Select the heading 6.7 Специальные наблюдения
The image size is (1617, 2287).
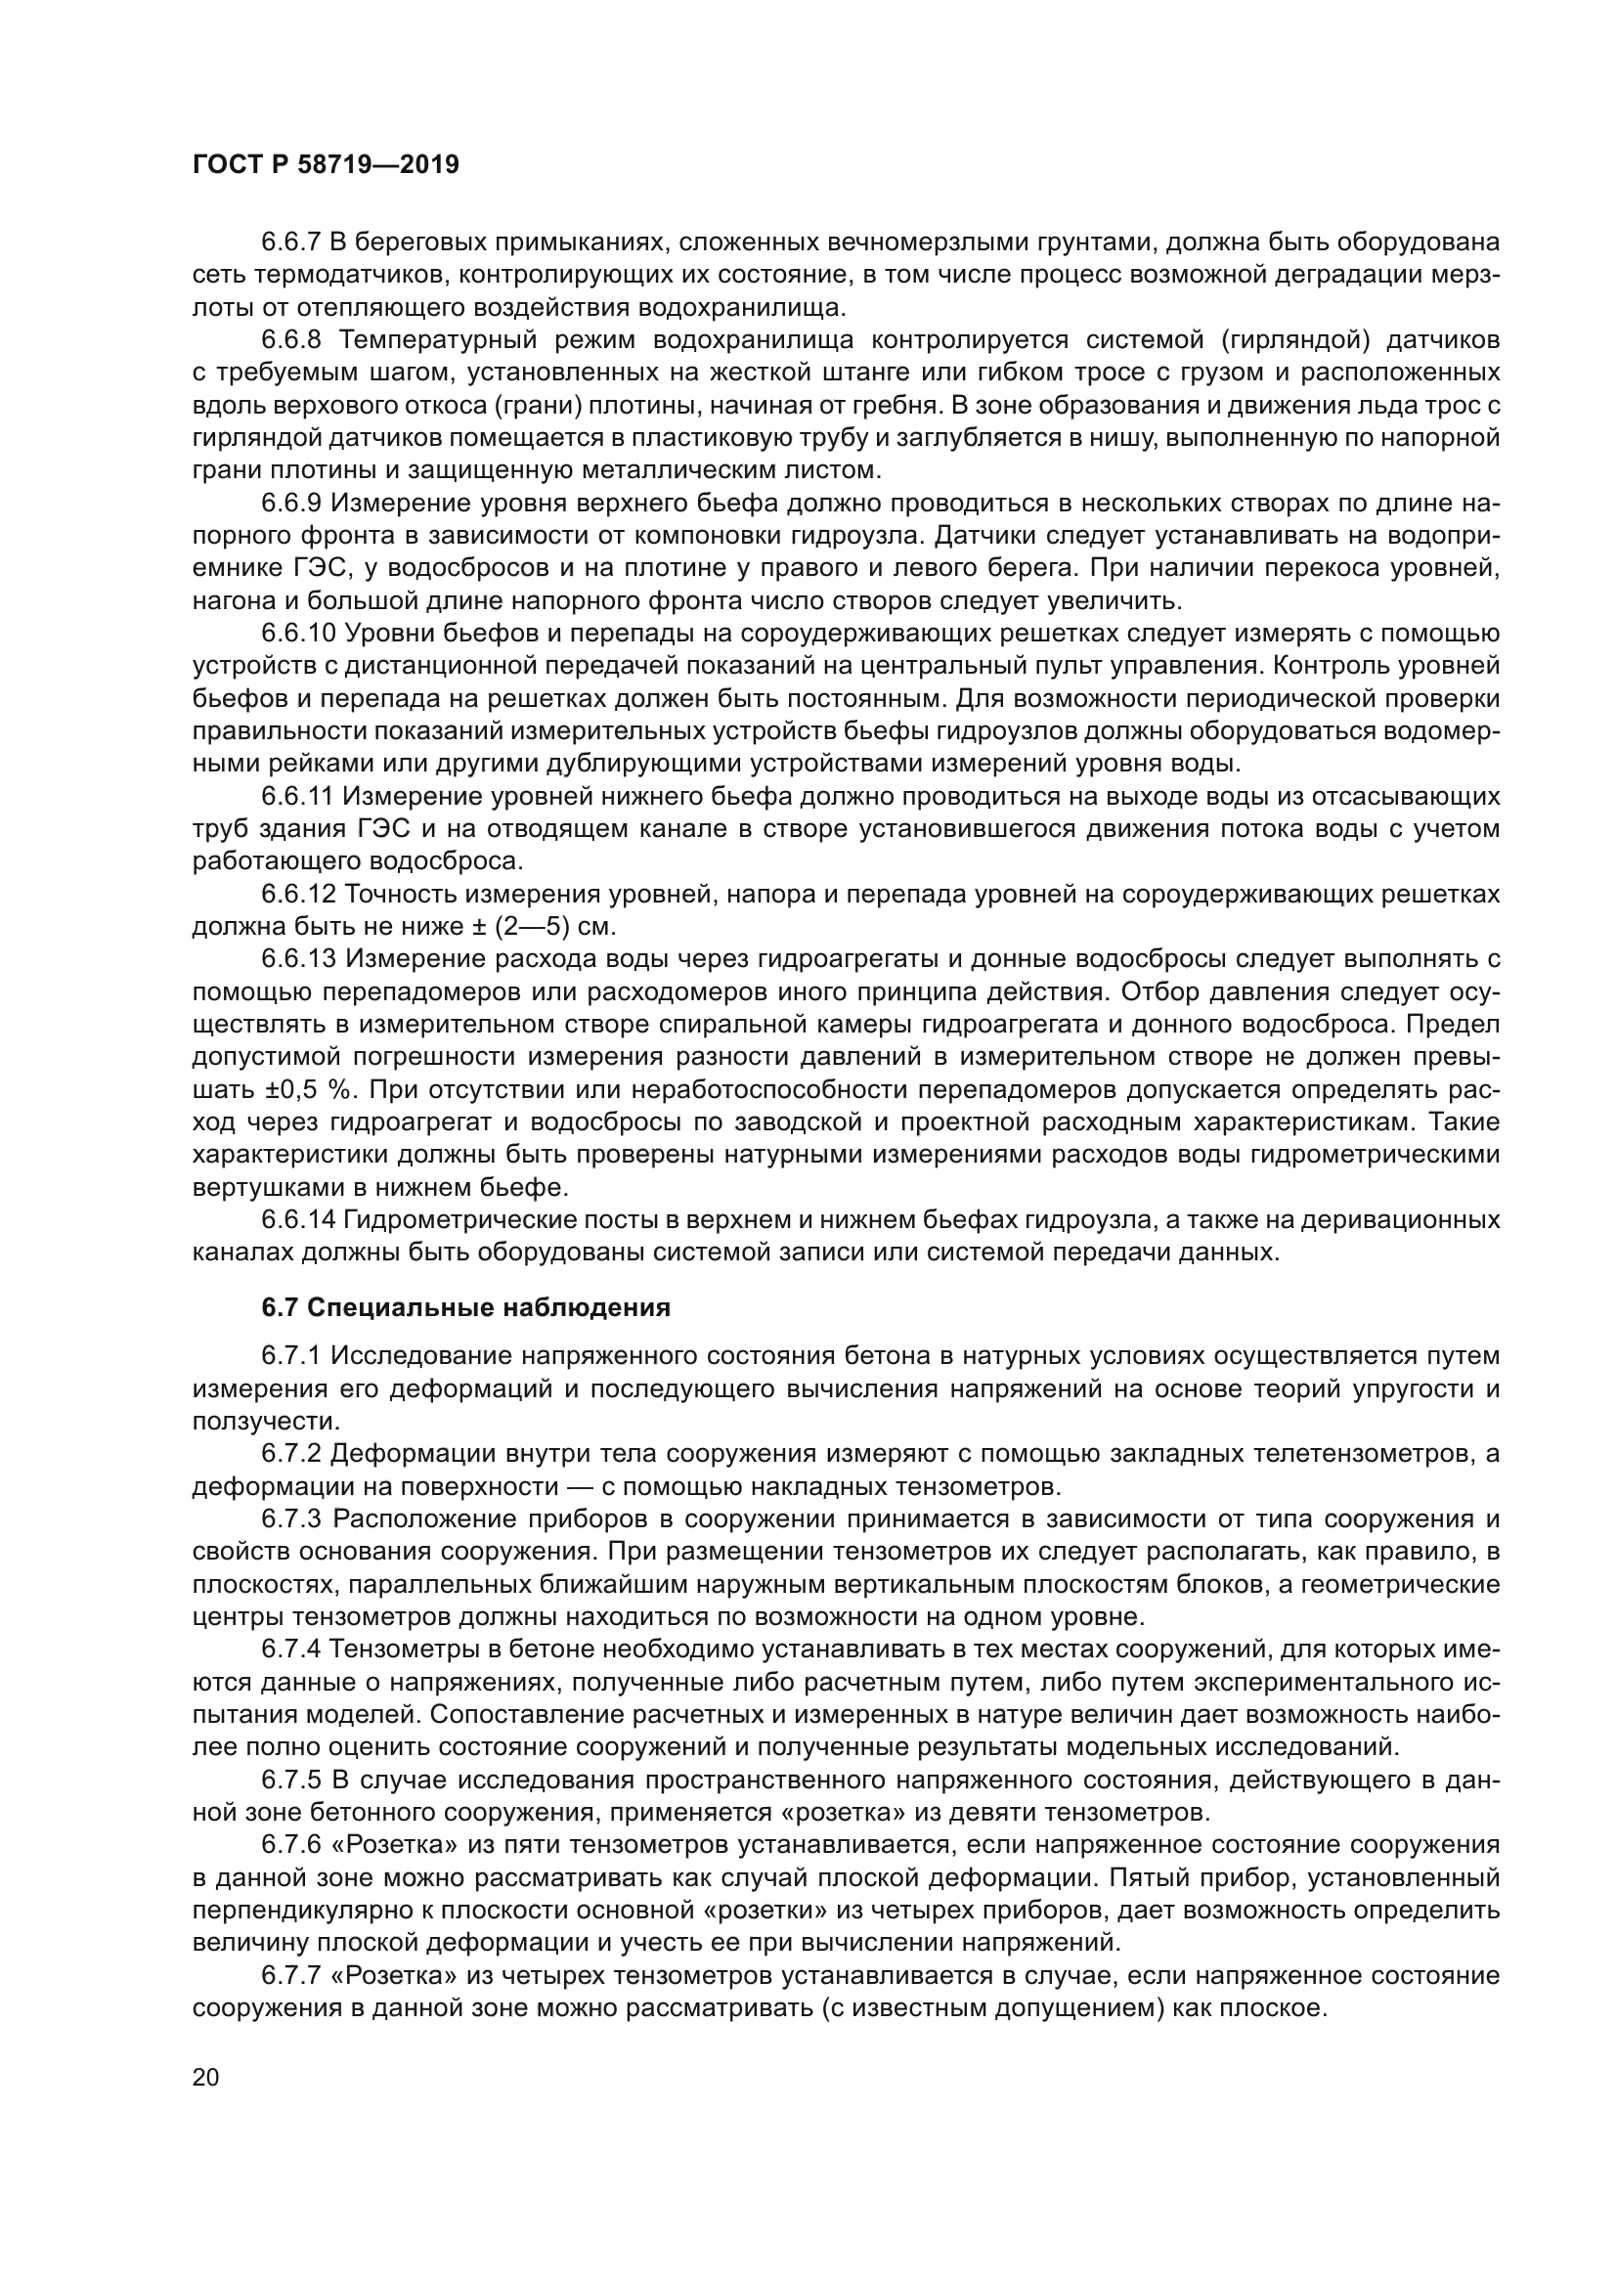click(466, 1308)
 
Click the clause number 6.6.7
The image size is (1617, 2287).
click(290, 242)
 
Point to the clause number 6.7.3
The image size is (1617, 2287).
click(290, 1519)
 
